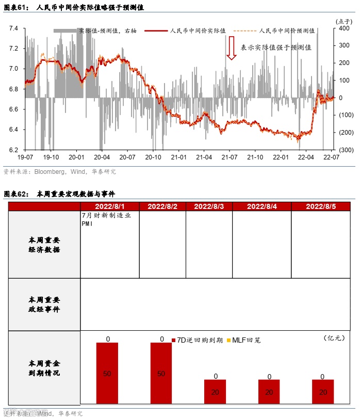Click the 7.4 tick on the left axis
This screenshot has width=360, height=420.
click(x=14, y=28)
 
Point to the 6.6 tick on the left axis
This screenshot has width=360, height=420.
click(x=14, y=109)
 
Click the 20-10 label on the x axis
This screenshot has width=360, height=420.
click(x=153, y=157)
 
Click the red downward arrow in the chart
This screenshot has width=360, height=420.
click(x=232, y=47)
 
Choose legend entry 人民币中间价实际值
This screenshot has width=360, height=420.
click(x=198, y=31)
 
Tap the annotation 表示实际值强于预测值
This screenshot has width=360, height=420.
click(x=276, y=47)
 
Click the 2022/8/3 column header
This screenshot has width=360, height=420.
click(x=209, y=206)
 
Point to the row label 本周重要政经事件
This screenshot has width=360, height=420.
click(x=44, y=304)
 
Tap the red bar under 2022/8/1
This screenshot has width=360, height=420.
click(x=107, y=373)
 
